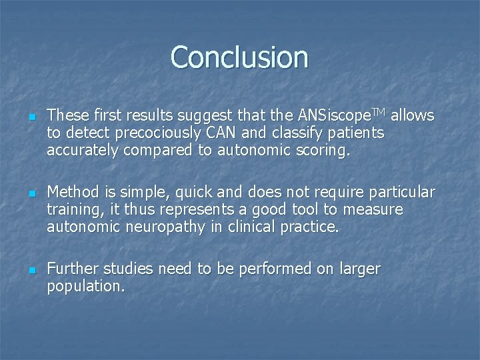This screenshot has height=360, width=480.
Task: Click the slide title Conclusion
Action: click(x=239, y=57)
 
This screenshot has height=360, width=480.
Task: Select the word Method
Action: click(x=73, y=193)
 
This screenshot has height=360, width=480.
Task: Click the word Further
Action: click(x=73, y=269)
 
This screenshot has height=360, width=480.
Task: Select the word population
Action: click(x=85, y=287)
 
